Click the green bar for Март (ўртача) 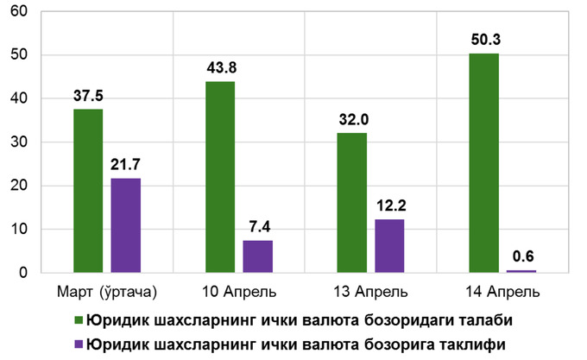coord(88,191)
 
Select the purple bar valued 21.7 coord(125,225)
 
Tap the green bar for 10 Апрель coord(220,177)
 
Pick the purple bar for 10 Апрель coord(257,256)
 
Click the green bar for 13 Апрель coord(351,203)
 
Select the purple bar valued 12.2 coord(389,246)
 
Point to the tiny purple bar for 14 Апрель coord(521,271)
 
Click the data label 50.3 coord(484,39)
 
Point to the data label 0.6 coord(521,256)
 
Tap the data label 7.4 coord(257,226)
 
